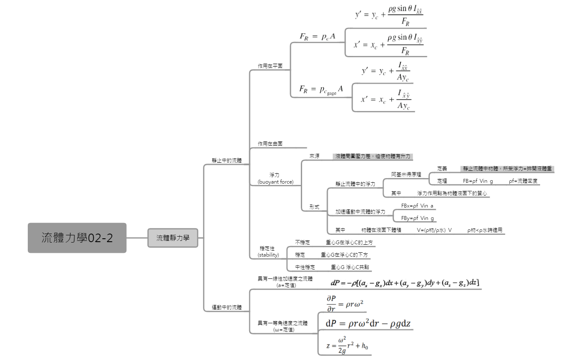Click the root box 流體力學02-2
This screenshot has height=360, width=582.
[77, 238]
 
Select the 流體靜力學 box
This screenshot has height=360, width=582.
[173, 238]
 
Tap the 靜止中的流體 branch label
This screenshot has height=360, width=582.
[226, 161]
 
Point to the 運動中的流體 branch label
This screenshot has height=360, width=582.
[226, 307]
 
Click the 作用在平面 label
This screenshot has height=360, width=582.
[270, 66]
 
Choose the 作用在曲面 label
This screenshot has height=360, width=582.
[270, 144]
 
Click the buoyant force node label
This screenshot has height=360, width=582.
[275, 179]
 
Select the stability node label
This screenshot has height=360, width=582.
[269, 252]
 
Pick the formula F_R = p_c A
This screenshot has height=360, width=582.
[317, 37]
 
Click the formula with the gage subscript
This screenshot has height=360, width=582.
[321, 90]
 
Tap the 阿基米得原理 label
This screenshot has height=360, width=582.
[406, 174]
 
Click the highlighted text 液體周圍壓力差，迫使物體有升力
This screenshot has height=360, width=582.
[373, 156]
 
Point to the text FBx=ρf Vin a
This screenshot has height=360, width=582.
[417, 206]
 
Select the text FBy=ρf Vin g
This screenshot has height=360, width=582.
[417, 218]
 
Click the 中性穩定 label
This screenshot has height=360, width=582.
[305, 267]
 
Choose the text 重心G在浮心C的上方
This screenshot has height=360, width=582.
[349, 242]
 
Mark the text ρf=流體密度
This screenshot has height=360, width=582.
[523, 181]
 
